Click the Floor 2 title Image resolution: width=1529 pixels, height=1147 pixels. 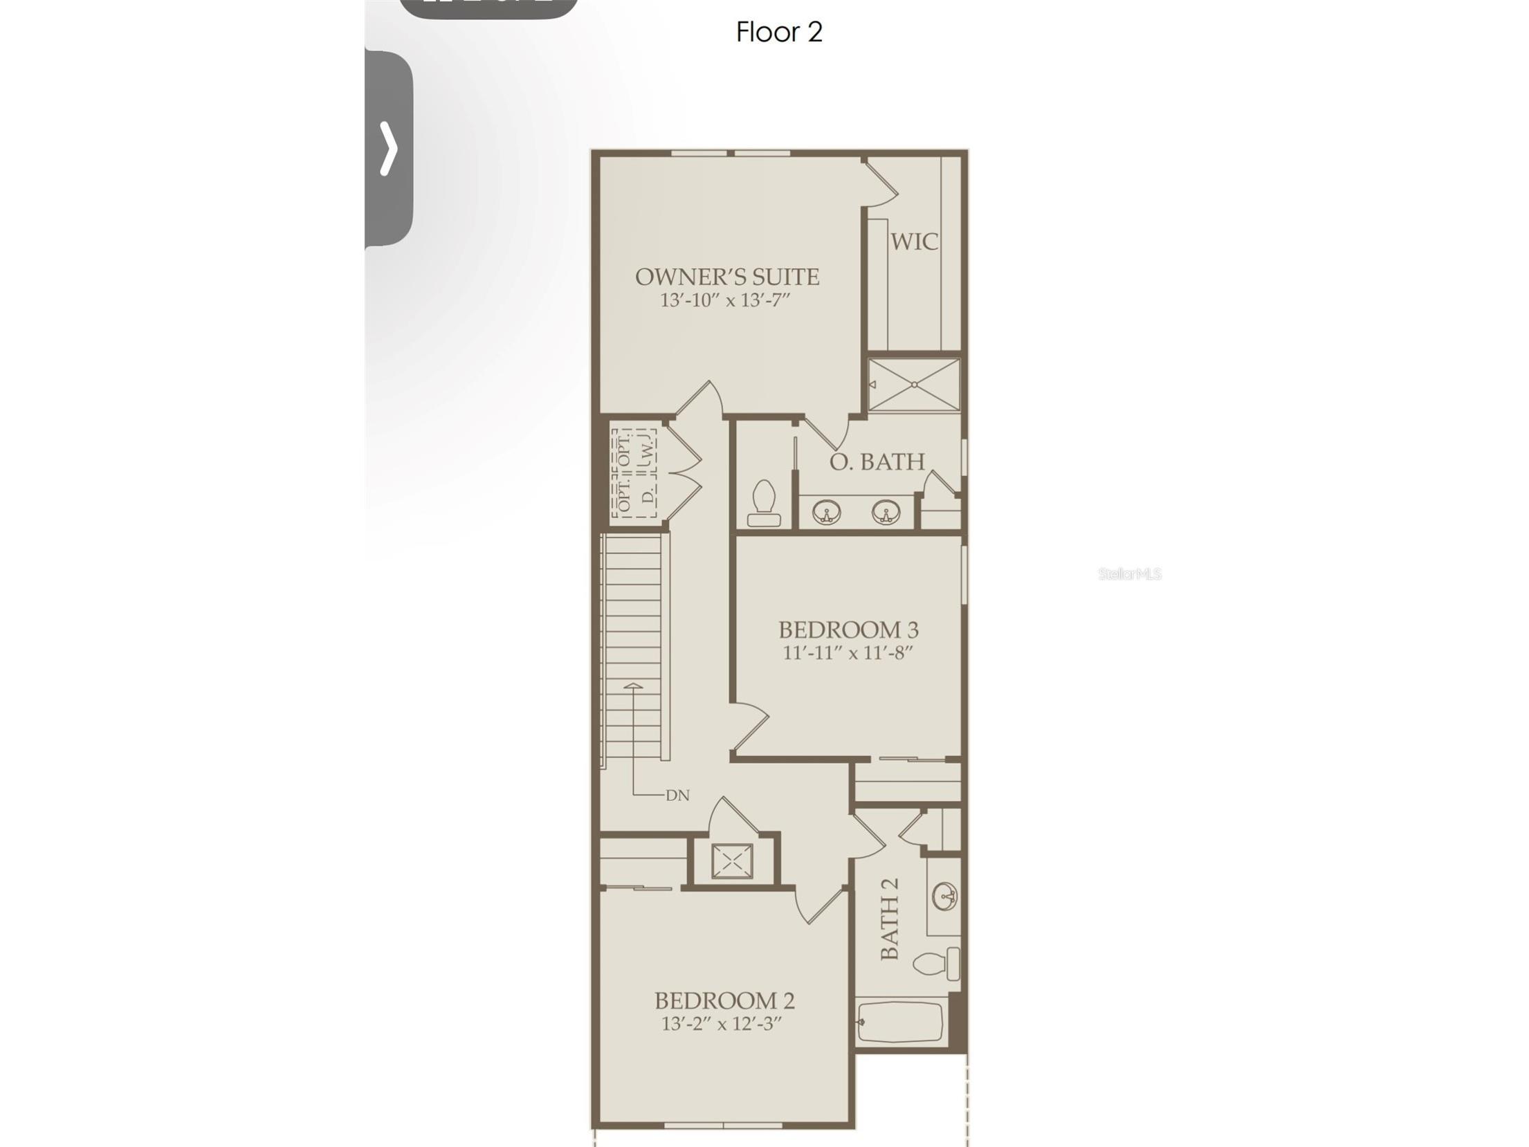pyautogui.click(x=779, y=33)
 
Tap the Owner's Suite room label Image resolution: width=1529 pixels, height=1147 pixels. pyautogui.click(x=726, y=277)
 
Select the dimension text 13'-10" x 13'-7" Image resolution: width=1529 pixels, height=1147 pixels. pyautogui.click(x=725, y=300)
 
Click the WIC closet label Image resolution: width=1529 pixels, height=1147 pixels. pyautogui.click(x=914, y=241)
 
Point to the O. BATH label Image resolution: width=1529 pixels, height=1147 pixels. pyautogui.click(x=877, y=461)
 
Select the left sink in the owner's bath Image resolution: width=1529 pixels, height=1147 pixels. pyautogui.click(x=826, y=513)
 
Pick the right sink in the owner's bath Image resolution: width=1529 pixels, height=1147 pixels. pyautogui.click(x=886, y=513)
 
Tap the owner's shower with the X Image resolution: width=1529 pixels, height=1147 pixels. pyautogui.click(x=914, y=385)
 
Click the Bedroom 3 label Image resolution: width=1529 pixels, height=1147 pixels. pyautogui.click(x=848, y=630)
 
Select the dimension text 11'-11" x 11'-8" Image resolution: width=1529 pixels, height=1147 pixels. pyautogui.click(x=848, y=652)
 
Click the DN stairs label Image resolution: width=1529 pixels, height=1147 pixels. pyautogui.click(x=677, y=796)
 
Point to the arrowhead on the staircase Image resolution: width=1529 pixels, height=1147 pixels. pyautogui.click(x=633, y=686)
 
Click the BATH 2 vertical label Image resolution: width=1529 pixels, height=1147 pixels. pyautogui.click(x=890, y=919)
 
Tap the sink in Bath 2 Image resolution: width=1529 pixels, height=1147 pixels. pyautogui.click(x=944, y=897)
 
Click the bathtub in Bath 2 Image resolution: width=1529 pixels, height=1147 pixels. pyautogui.click(x=900, y=1022)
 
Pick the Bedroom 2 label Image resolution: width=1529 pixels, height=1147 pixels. pyautogui.click(x=724, y=1000)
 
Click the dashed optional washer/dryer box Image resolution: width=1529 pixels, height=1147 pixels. pyautogui.click(x=634, y=474)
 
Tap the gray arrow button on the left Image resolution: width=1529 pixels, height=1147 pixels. pyautogui.click(x=389, y=148)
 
